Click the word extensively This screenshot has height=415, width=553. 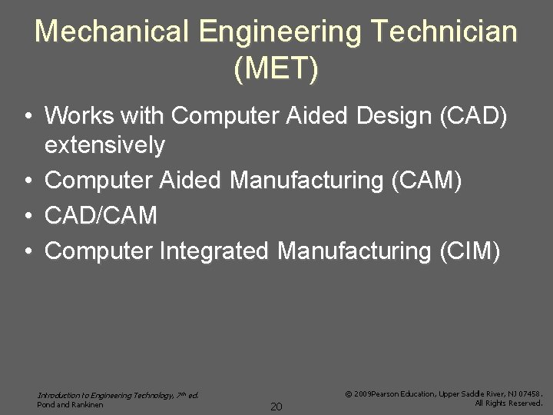105,144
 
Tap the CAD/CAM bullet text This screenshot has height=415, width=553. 101,216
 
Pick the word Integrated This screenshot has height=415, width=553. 215,251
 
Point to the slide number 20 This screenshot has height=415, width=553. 276,405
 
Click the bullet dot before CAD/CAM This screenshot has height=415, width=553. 27,216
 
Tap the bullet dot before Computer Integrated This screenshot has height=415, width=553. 27,251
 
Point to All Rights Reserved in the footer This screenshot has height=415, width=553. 508,403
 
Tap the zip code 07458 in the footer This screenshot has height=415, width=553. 529,393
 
